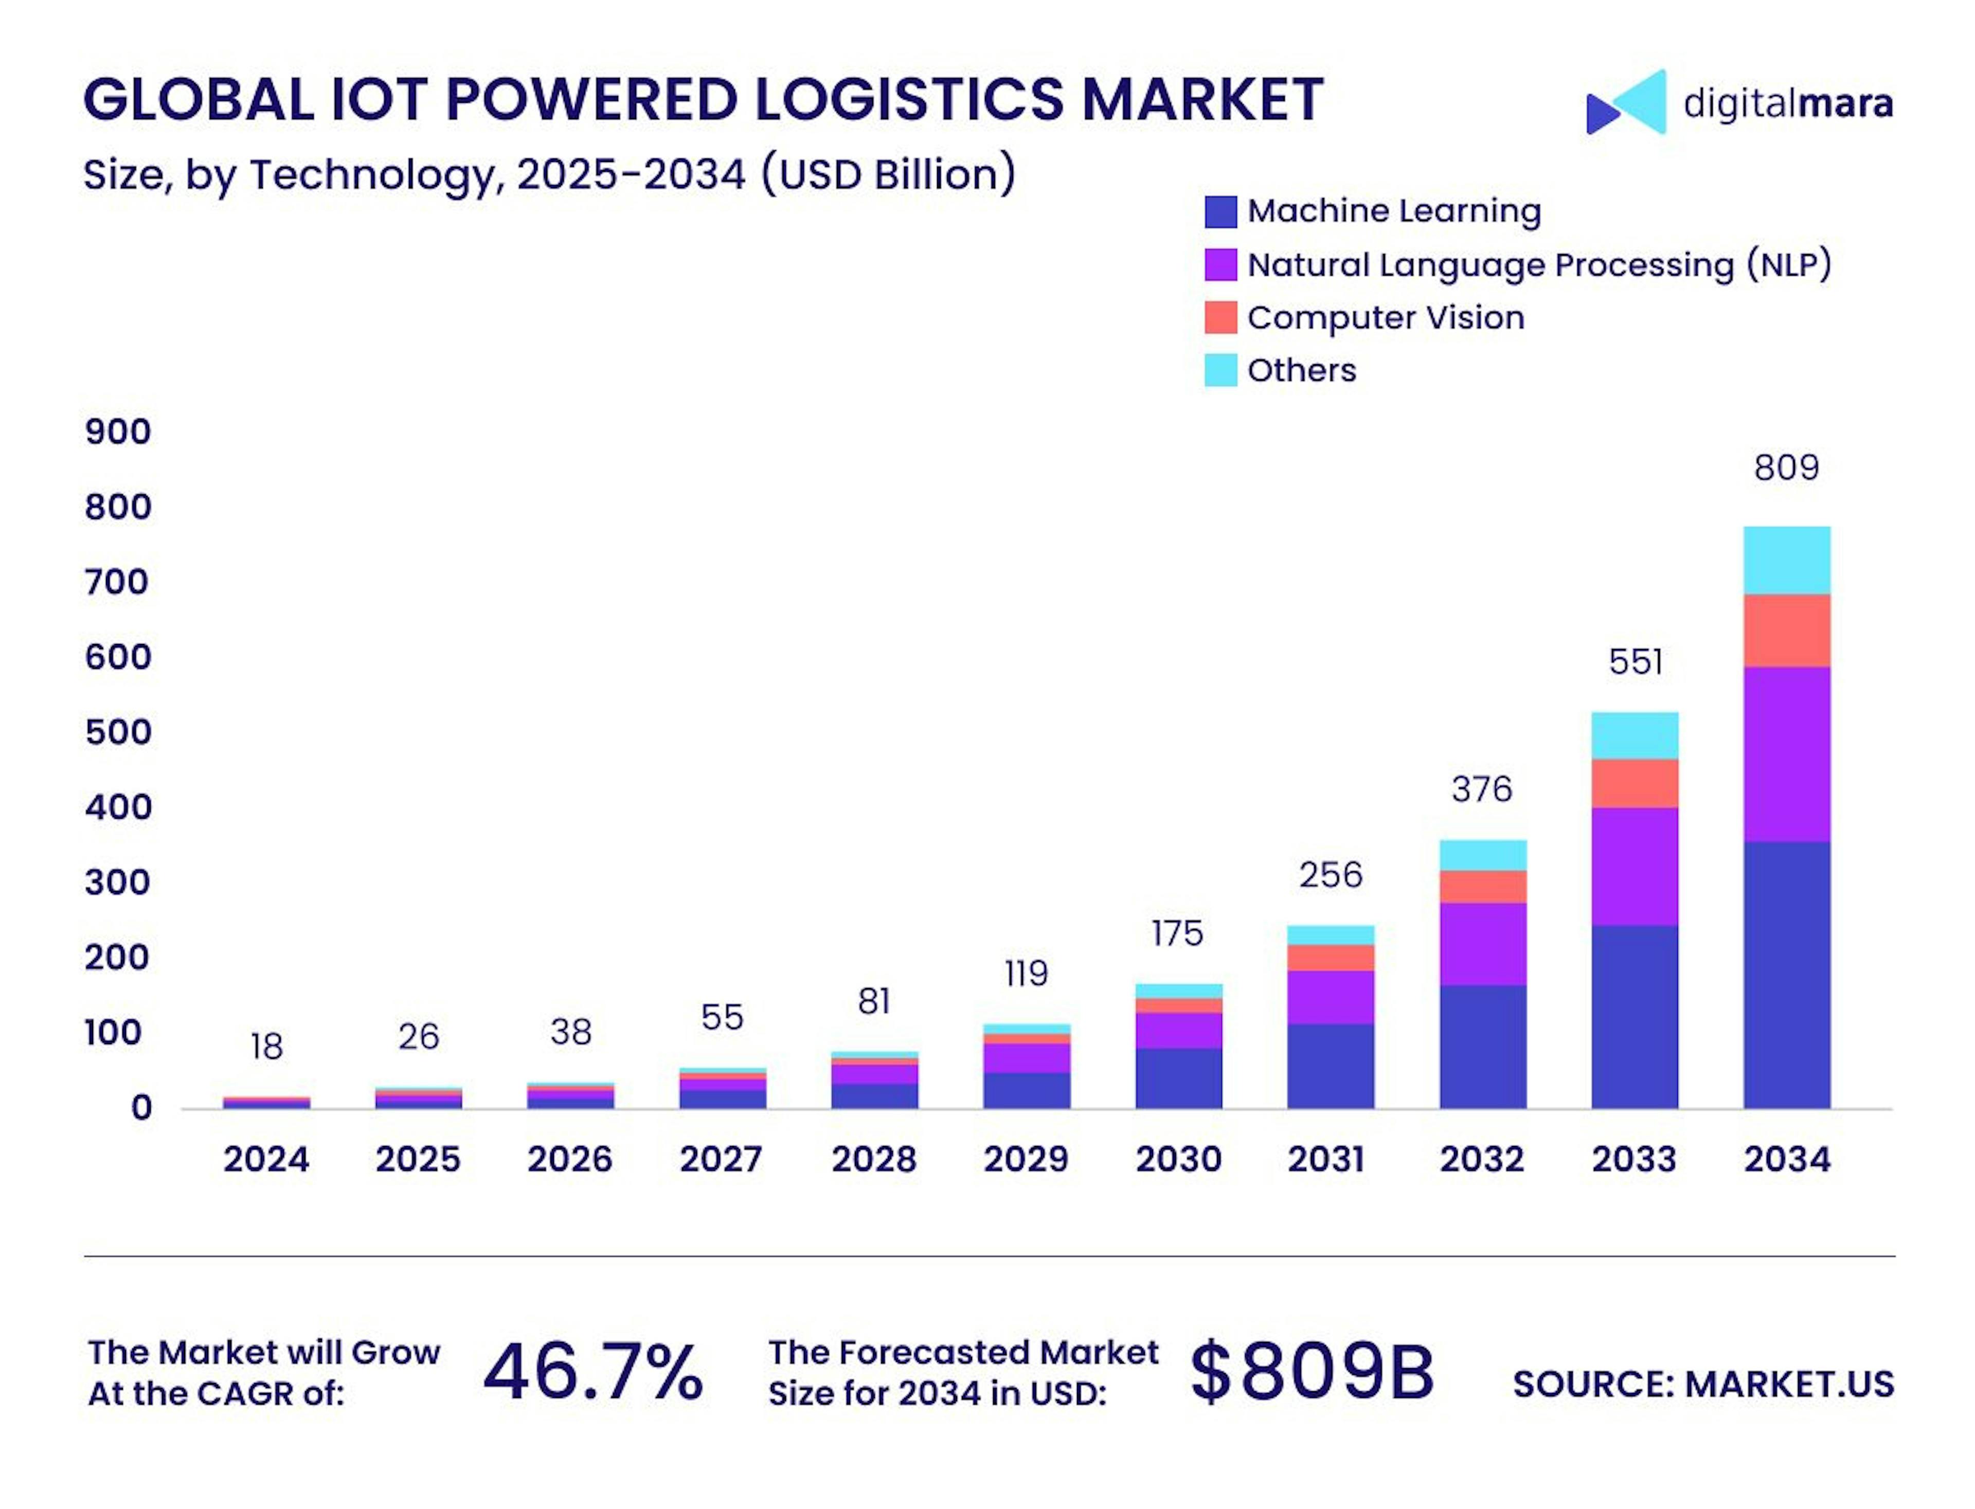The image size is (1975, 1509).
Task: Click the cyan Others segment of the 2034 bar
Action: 1786,560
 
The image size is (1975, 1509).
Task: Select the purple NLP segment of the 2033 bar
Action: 1633,866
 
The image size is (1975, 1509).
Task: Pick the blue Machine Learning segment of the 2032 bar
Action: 1482,1047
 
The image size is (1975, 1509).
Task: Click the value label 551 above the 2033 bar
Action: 1635,662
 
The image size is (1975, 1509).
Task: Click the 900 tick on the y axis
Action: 118,432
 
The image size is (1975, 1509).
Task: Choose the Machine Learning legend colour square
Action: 1219,212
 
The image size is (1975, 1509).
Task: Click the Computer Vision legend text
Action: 1385,318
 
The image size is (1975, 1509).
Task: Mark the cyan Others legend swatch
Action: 1219,370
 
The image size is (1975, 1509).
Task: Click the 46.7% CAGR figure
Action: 593,1372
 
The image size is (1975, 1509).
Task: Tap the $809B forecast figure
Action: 1312,1372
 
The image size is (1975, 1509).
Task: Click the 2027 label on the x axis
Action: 721,1160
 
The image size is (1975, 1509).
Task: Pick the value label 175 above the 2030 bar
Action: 1177,934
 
